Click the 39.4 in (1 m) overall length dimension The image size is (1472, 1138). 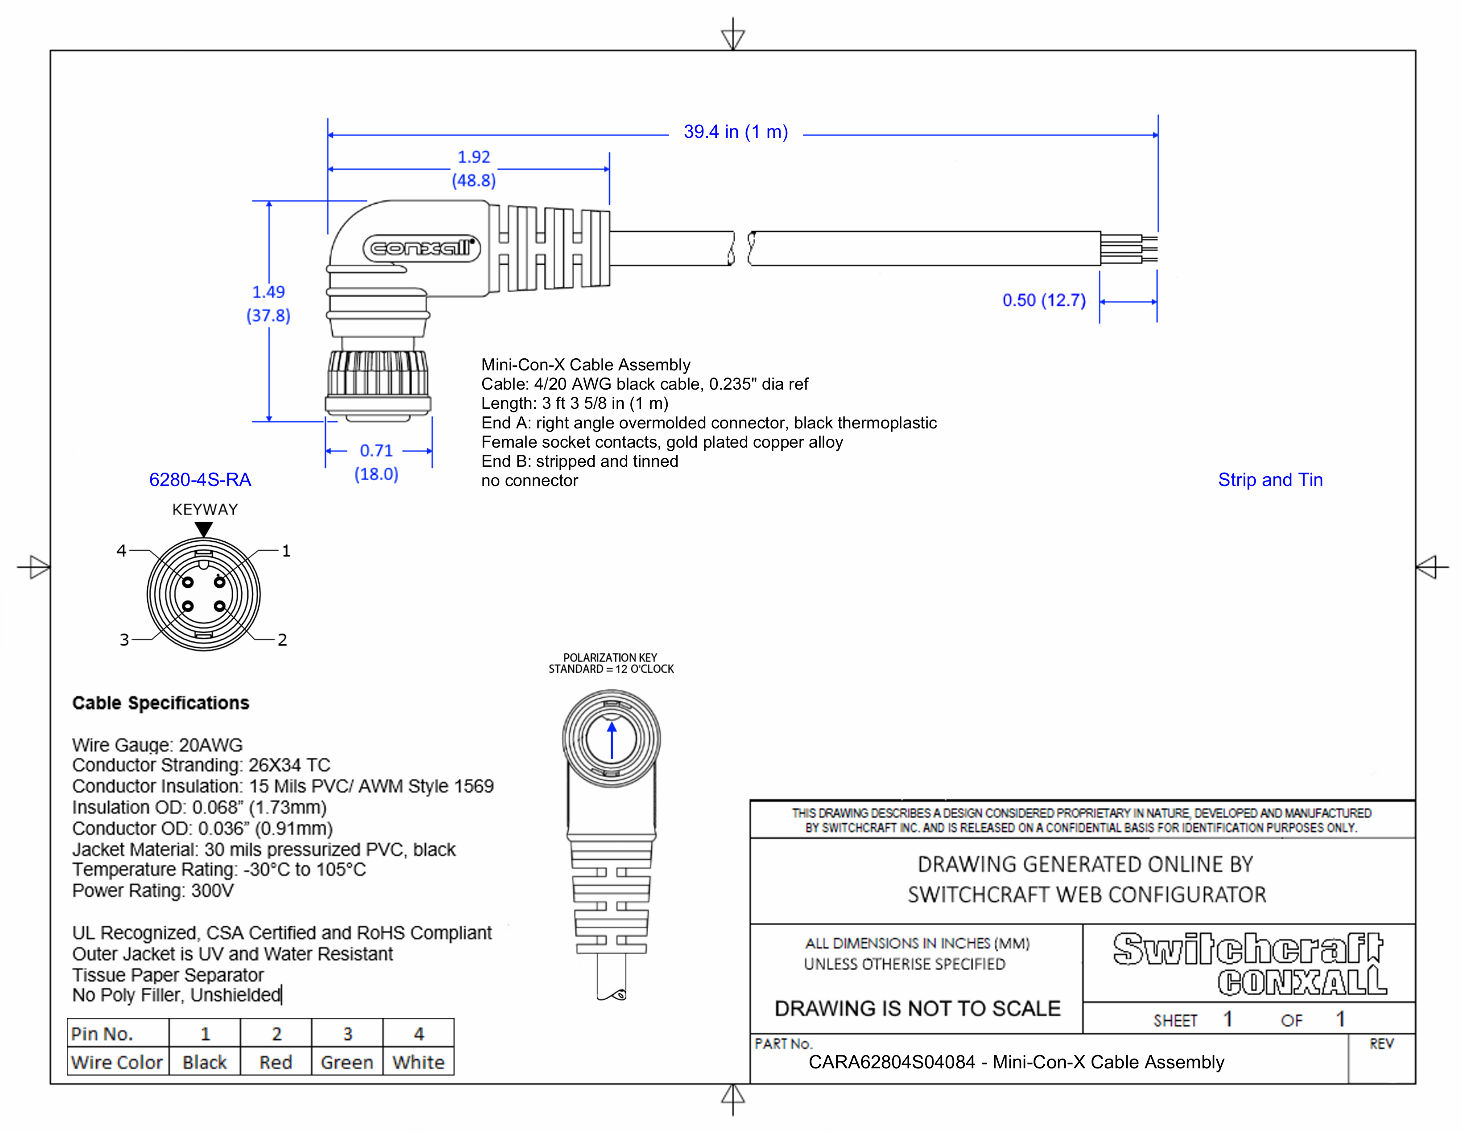pyautogui.click(x=735, y=132)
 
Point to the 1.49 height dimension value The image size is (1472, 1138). pyautogui.click(x=268, y=292)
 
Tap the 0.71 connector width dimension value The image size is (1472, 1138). pyautogui.click(x=376, y=450)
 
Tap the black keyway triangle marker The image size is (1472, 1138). pyautogui.click(x=203, y=529)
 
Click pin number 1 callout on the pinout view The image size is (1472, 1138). pyautogui.click(x=286, y=551)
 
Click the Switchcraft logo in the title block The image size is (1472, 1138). pyautogui.click(x=1248, y=949)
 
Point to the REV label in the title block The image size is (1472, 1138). pyautogui.click(x=1381, y=1044)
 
